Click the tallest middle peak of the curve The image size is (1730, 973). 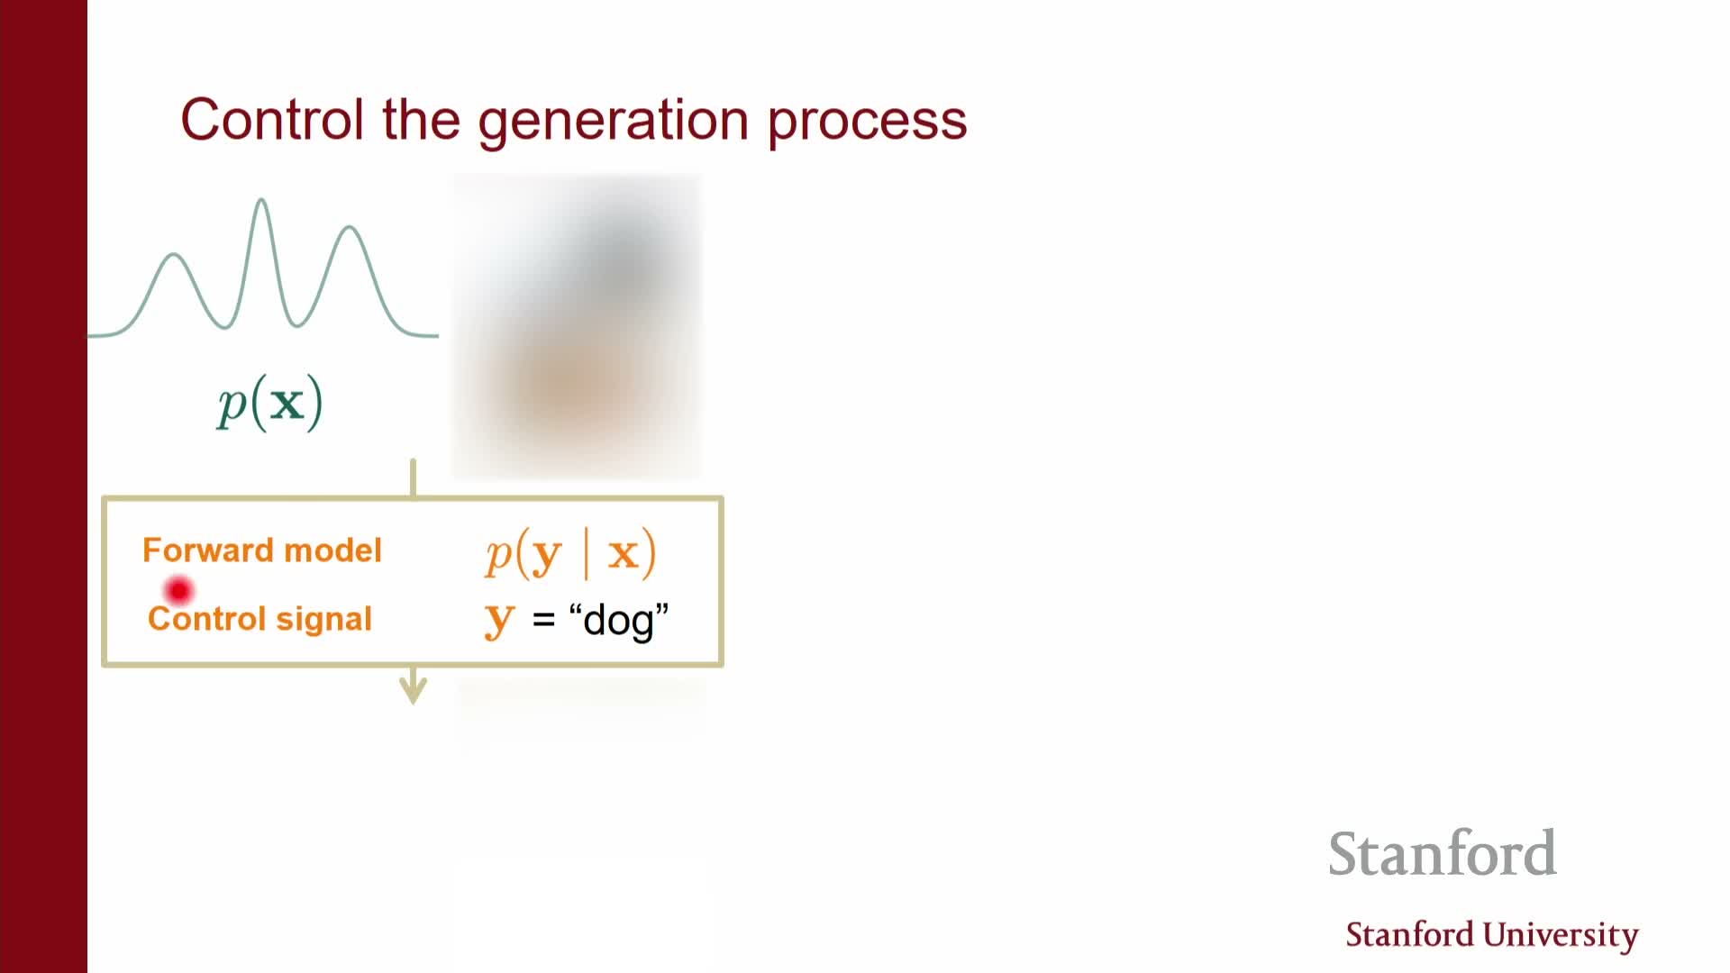click(261, 200)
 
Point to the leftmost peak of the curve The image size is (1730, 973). click(174, 256)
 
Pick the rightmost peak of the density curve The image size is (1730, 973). click(350, 227)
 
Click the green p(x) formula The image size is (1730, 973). click(269, 403)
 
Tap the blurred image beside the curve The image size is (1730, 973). click(577, 326)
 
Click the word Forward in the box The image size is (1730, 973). click(208, 550)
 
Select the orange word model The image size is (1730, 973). click(333, 550)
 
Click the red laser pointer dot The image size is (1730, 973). click(179, 591)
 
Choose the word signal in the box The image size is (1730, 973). click(323, 620)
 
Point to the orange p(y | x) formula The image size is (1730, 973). click(571, 553)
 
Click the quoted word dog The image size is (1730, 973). click(619, 621)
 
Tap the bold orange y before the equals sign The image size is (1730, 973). click(499, 621)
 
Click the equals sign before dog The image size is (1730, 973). click(543, 620)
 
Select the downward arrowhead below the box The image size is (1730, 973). click(414, 691)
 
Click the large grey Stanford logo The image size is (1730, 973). click(1443, 853)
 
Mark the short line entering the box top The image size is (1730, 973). click(414, 477)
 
